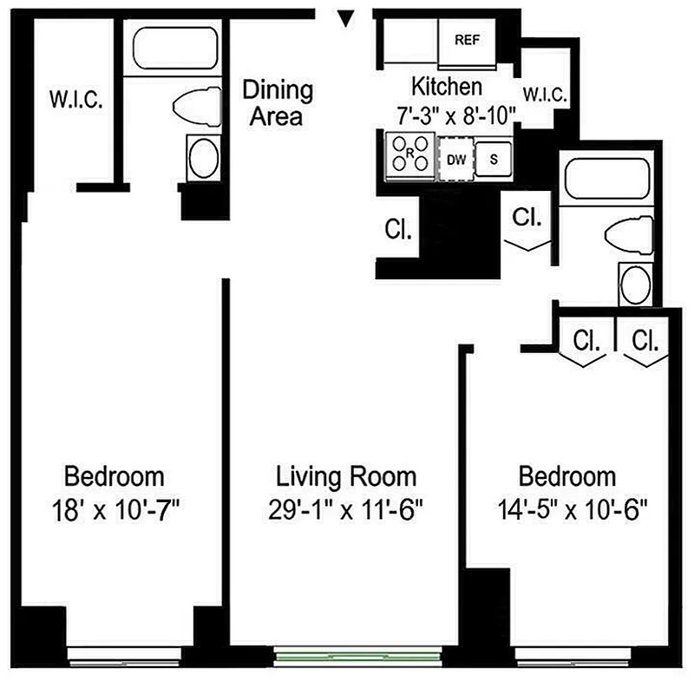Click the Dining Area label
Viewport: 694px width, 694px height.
[277, 102]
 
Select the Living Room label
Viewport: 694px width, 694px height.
[346, 476]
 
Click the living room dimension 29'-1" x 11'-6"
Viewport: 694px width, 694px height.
[346, 509]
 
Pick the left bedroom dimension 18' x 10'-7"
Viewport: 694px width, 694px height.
[115, 509]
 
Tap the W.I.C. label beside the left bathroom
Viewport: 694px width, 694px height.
[75, 98]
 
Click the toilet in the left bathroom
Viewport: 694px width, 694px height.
[198, 108]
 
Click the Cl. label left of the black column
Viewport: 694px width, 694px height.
[398, 231]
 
